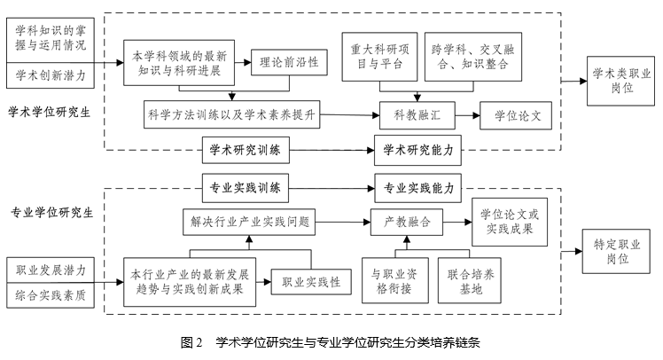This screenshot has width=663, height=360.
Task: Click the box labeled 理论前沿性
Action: point(289,65)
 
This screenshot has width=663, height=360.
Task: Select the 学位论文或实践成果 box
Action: point(510,222)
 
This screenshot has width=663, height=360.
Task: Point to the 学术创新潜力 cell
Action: point(51,76)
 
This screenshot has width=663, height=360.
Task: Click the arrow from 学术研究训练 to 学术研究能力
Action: point(331,152)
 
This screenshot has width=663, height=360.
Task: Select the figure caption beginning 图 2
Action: point(331,342)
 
